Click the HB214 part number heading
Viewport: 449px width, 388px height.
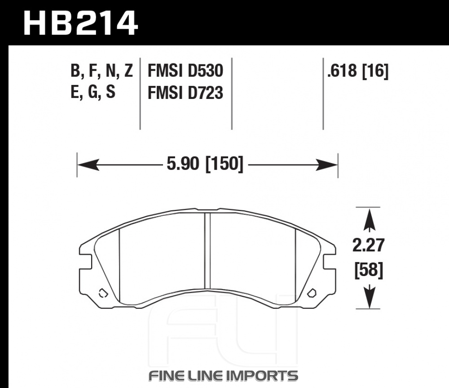[80, 23]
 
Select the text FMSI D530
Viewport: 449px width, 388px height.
[185, 71]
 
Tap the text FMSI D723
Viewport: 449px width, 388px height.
[185, 93]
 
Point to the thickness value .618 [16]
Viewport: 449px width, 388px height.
[358, 71]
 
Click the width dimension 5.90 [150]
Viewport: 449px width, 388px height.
[205, 164]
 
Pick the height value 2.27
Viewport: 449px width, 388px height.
[368, 245]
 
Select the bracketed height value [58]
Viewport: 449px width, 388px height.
[369, 270]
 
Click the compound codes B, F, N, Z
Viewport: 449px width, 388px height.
[101, 71]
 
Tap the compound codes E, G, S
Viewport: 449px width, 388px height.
[93, 92]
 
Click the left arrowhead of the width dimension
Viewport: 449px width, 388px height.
[88, 165]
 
